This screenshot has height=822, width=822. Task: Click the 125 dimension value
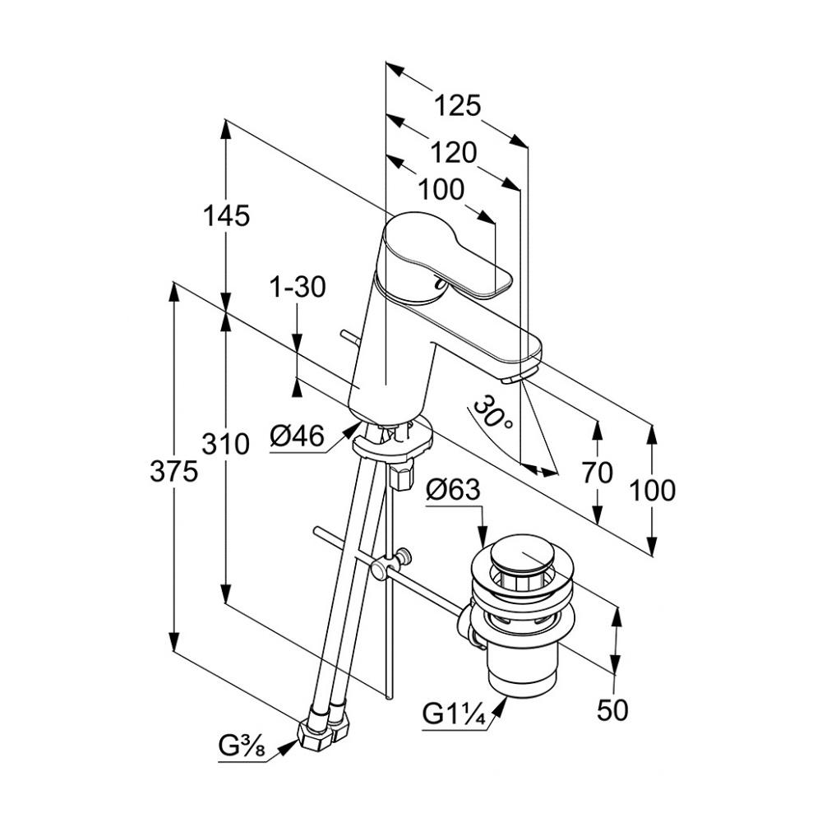(457, 106)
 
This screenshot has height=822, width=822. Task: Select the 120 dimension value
(453, 153)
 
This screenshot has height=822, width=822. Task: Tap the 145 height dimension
(226, 215)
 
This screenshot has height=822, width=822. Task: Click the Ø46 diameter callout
(298, 436)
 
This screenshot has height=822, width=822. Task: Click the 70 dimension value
(598, 473)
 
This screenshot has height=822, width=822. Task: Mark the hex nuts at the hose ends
(324, 730)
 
